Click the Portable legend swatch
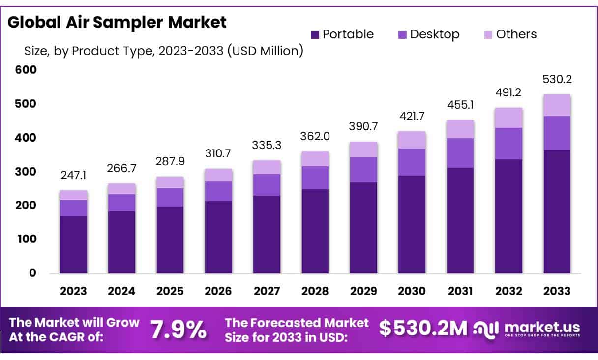pyautogui.click(x=315, y=35)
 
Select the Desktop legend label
pyautogui.click(x=435, y=34)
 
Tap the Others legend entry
pyautogui.click(x=510, y=34)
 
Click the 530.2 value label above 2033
pyautogui.click(x=557, y=79)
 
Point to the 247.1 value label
pyautogui.click(x=73, y=175)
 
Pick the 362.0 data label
pyautogui.click(x=315, y=136)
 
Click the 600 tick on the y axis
pyautogui.click(x=26, y=70)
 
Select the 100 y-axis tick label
pyautogui.click(x=27, y=239)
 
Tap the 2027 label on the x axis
pyautogui.click(x=267, y=291)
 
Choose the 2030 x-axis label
pyautogui.click(x=412, y=291)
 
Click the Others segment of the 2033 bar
pyautogui.click(x=557, y=105)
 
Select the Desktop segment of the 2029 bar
pyautogui.click(x=363, y=170)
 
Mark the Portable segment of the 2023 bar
pyautogui.click(x=73, y=245)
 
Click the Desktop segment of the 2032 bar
pyautogui.click(x=508, y=144)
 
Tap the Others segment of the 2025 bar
pyautogui.click(x=170, y=182)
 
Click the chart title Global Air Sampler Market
pyautogui.click(x=117, y=22)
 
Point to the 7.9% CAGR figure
pyautogui.click(x=179, y=330)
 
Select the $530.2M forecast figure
pyautogui.click(x=423, y=328)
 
